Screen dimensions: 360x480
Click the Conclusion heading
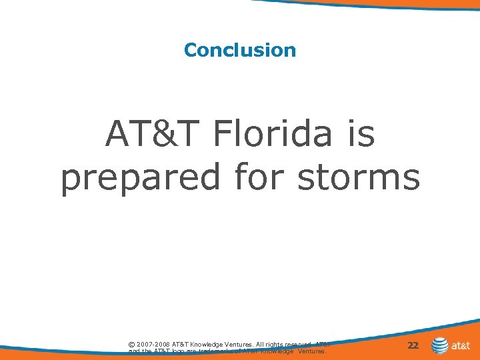click(240, 50)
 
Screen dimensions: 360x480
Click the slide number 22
click(413, 345)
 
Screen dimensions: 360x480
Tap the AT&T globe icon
click(440, 345)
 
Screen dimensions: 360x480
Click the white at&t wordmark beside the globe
click(461, 346)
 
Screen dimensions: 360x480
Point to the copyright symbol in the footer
click(131, 344)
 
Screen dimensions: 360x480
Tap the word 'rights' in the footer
click(274, 344)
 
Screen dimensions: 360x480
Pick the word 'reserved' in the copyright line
click(300, 344)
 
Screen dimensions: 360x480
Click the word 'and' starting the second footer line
click(133, 351)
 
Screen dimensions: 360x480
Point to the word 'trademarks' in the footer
click(213, 351)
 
